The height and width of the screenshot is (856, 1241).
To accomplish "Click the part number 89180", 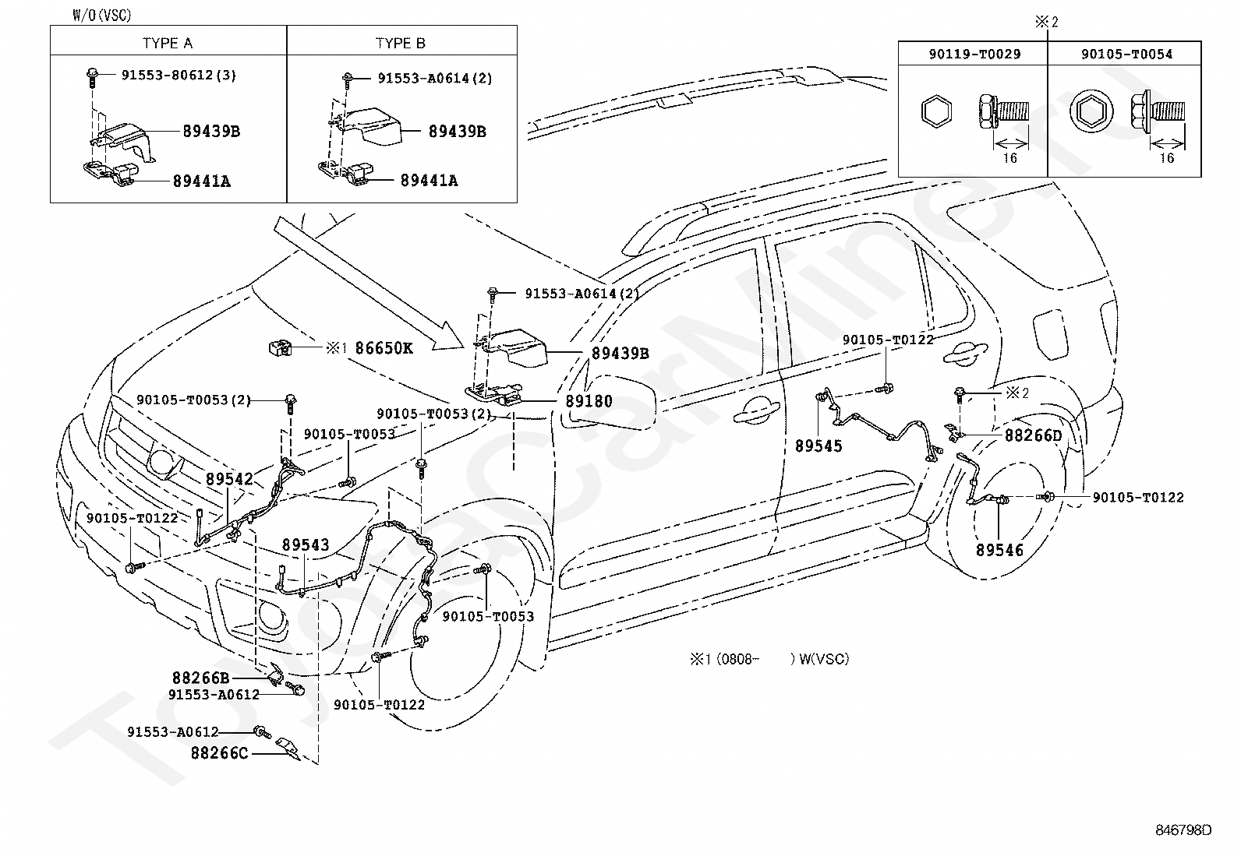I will click(x=589, y=402).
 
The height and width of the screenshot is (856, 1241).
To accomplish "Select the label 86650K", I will click(x=384, y=348).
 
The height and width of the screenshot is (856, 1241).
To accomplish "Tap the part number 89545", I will click(x=818, y=446).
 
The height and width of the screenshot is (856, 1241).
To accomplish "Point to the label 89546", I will click(x=999, y=550).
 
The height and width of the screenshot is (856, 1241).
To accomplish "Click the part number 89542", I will click(x=229, y=479).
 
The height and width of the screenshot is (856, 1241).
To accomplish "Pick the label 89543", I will click(x=306, y=545).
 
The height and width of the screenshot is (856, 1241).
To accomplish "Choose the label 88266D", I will click(x=1033, y=435).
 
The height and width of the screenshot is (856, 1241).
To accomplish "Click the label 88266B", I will click(x=201, y=678).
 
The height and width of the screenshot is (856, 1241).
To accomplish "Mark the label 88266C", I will click(x=220, y=753).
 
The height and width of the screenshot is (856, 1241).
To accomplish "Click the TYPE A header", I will click(x=168, y=43).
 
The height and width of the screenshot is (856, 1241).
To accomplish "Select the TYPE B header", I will click(x=401, y=43).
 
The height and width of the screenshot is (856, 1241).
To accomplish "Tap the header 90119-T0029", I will click(x=974, y=54).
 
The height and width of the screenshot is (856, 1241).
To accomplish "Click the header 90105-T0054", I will click(x=1126, y=54).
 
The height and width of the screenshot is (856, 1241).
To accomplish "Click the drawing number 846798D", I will click(x=1183, y=830).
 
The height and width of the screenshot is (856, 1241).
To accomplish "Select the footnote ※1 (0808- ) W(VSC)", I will click(x=769, y=659).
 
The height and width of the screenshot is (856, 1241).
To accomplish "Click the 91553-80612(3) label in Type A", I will click(x=179, y=76).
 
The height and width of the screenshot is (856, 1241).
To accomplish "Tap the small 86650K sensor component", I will click(x=281, y=347).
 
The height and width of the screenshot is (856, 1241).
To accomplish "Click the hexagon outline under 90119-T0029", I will click(x=935, y=114).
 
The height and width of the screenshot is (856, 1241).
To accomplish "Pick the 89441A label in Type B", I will click(x=429, y=181).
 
